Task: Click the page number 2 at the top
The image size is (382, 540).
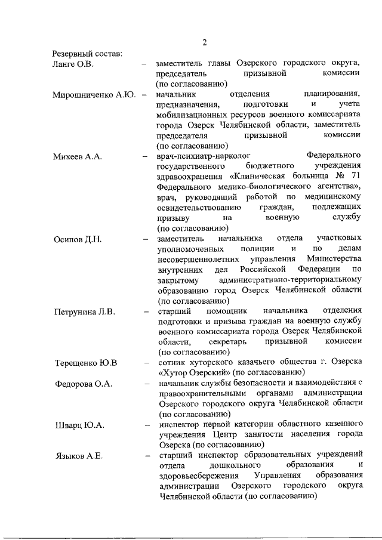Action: point(204,42)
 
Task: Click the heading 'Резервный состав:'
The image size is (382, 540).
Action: point(87,53)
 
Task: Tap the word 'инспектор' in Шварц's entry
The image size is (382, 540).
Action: point(179,425)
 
